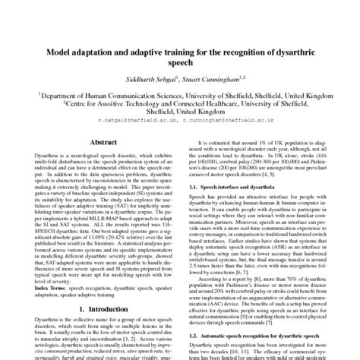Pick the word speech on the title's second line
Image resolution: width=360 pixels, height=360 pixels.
(180, 67)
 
